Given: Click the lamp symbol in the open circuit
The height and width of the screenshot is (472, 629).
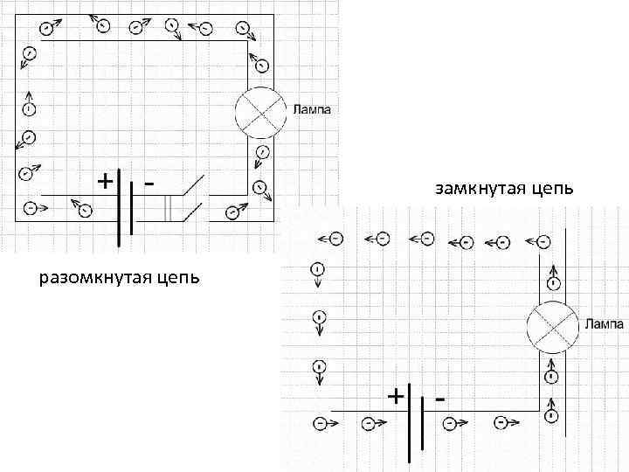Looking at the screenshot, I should coord(261,114).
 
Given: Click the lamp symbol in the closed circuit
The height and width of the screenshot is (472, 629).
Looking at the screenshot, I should coord(551,328).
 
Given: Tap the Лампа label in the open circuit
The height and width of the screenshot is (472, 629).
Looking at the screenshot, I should coord(312,110).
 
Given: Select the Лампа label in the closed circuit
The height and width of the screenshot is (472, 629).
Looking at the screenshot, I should coord(604,323).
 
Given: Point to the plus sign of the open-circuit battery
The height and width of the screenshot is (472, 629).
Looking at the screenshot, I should coord(104,181).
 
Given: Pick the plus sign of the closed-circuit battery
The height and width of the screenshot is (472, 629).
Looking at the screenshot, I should coord(396,395).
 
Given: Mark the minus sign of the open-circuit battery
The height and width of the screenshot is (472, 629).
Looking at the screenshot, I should coord(150,183).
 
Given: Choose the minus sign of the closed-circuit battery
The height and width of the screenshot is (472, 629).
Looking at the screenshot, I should coord(440,398).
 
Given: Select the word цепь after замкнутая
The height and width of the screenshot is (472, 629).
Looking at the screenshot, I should coord(549,189).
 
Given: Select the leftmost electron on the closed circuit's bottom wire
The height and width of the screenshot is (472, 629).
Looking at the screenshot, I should coord(320,423).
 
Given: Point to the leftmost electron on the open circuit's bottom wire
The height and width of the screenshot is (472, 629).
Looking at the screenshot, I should coord(31,208).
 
